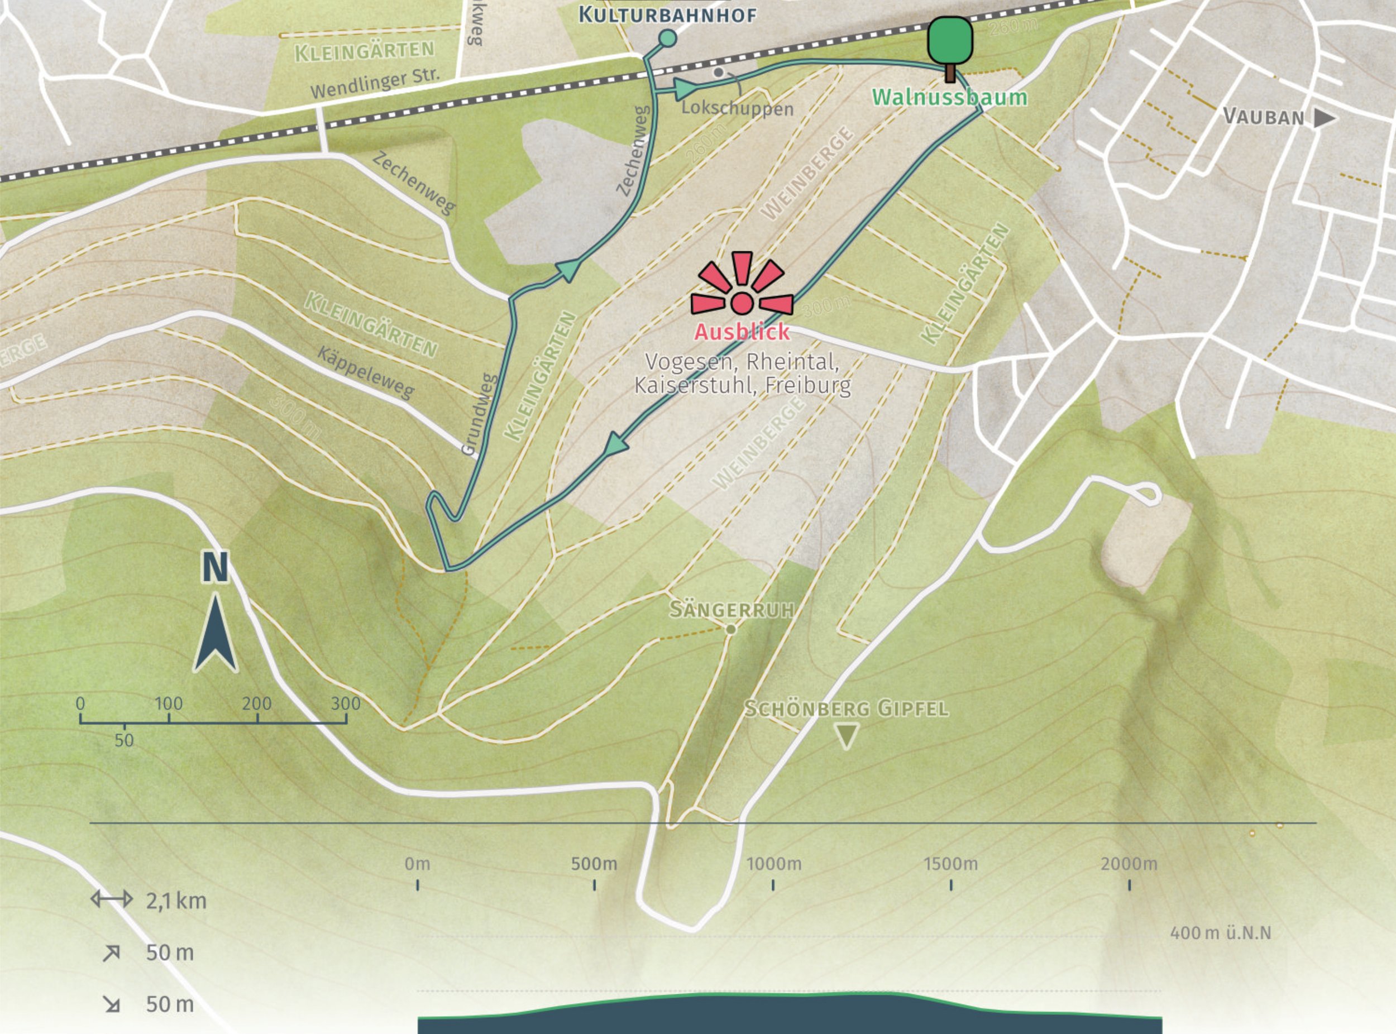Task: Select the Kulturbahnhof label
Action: coord(667,15)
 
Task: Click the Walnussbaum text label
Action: coord(949,97)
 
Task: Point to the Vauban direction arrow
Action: coord(1323,118)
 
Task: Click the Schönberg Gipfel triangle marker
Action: coord(847,736)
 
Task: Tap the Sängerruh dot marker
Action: coord(730,630)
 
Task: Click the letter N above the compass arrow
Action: coord(215,568)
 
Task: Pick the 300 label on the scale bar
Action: coord(346,704)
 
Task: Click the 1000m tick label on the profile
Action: coord(774,864)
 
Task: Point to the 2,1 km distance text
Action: coord(176,901)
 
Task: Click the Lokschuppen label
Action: coord(737,108)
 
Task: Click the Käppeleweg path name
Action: coord(366,372)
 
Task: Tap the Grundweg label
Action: coord(479,414)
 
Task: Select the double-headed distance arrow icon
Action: coord(112,900)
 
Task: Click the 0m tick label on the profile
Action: coord(417,864)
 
